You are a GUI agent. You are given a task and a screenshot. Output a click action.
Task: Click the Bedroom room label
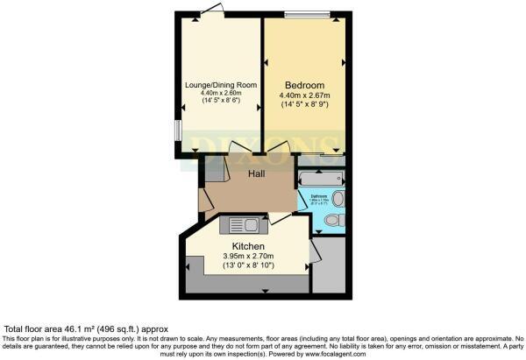[306, 85]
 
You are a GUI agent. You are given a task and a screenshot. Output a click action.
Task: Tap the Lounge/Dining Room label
[220, 85]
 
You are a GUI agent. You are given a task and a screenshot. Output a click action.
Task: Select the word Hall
[256, 174]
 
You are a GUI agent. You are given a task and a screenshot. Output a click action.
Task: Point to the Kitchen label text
[247, 246]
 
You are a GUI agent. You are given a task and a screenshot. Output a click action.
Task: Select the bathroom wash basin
[339, 199]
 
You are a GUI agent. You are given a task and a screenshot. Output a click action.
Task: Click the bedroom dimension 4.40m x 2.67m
[306, 95]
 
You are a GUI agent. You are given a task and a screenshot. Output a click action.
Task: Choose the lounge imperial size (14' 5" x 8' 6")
[220, 104]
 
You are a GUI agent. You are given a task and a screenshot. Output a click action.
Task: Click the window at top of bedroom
[309, 14]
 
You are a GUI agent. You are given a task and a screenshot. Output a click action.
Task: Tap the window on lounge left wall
[178, 130]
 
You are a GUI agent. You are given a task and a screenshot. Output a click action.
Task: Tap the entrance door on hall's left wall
[203, 199]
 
